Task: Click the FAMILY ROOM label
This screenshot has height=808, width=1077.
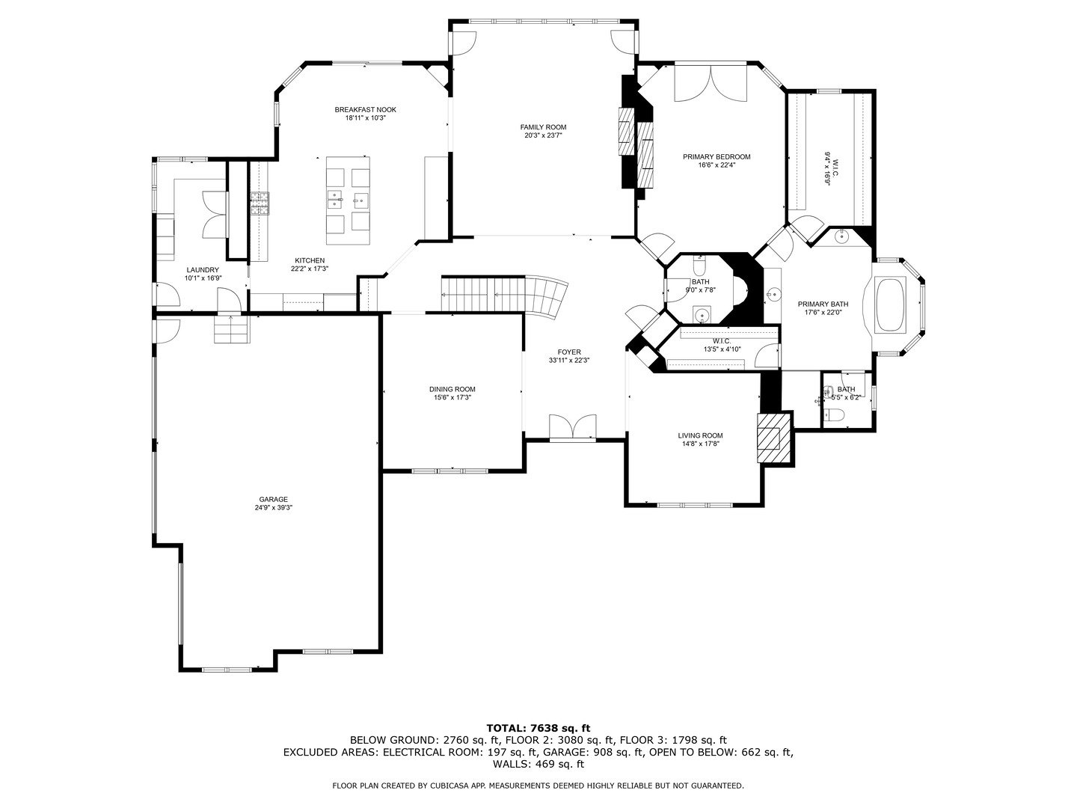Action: (544, 127)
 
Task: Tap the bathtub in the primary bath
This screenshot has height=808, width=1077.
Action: (890, 304)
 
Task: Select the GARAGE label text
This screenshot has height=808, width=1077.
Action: (273, 499)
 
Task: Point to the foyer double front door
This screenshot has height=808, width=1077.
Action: (573, 427)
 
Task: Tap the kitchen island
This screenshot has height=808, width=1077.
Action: (348, 200)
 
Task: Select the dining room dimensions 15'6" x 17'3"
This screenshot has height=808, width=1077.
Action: (452, 398)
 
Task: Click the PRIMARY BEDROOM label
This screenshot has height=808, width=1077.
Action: (716, 157)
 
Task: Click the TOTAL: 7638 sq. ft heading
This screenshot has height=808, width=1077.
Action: (538, 727)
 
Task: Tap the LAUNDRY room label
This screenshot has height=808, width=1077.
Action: (202, 270)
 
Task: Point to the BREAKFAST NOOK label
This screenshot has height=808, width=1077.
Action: (365, 110)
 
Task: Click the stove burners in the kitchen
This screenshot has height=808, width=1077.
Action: (260, 203)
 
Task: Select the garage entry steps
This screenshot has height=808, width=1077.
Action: (231, 328)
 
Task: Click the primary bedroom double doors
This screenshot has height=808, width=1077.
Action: (711, 84)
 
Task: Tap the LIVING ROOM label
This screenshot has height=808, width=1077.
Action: (700, 435)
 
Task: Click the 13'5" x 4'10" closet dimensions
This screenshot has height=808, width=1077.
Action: (722, 349)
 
